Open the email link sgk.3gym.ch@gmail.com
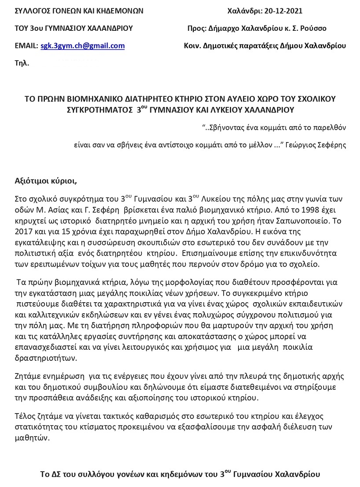point(83,46)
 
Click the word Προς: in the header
point(197,28)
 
